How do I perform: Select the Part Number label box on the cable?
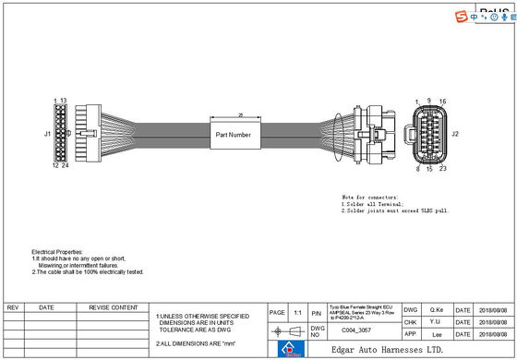click(234, 135)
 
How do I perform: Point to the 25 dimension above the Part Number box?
click(241, 115)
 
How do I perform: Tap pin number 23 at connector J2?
click(444, 169)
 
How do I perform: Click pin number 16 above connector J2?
click(443, 101)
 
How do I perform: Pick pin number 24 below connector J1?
click(66, 166)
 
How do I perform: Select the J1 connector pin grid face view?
click(60, 134)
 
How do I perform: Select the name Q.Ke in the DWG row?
click(438, 310)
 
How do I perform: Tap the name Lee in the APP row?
click(438, 334)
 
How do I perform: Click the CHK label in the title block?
click(411, 322)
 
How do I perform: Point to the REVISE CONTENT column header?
click(113, 307)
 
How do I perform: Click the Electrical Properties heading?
click(58, 251)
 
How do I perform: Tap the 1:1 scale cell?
click(297, 313)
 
